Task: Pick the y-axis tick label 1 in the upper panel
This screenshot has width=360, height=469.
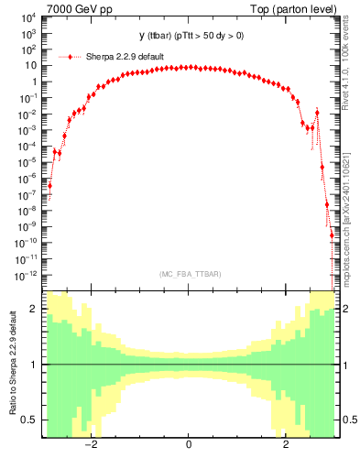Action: click(x=33, y=82)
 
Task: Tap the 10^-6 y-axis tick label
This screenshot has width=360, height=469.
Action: click(x=27, y=178)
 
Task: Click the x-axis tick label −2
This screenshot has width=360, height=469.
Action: click(x=90, y=445)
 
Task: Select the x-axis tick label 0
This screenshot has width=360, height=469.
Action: click(x=188, y=445)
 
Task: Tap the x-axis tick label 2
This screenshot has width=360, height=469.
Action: click(x=286, y=445)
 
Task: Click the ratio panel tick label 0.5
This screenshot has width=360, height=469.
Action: click(x=28, y=420)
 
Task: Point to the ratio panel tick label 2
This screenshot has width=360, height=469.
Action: click(x=33, y=310)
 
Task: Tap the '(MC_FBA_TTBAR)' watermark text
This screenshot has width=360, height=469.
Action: click(x=189, y=274)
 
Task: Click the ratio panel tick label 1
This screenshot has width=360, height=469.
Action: click(x=33, y=365)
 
